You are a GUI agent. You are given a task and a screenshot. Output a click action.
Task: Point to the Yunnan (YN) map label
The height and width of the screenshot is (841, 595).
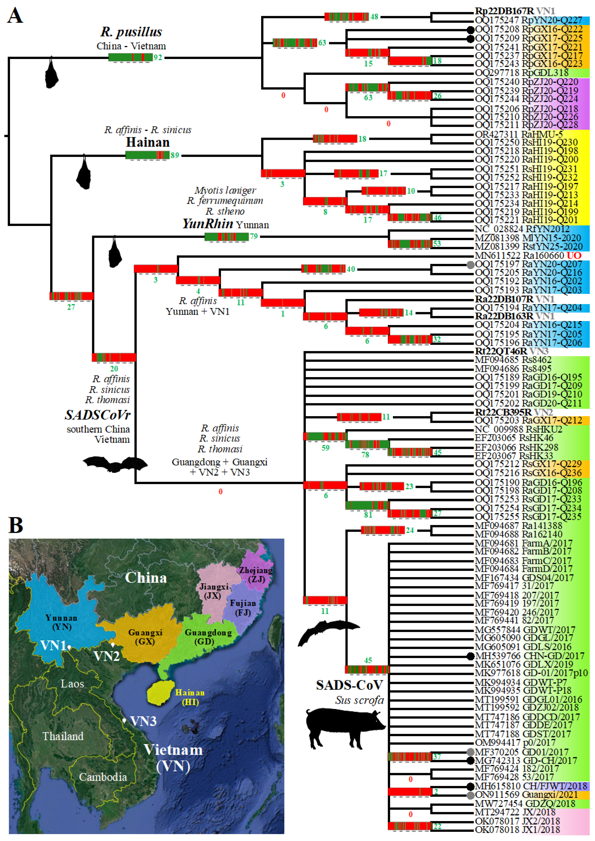62,622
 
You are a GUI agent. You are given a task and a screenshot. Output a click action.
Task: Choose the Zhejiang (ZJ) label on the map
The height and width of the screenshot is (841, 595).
256,574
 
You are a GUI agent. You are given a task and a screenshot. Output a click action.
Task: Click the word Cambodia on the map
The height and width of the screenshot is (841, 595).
103,777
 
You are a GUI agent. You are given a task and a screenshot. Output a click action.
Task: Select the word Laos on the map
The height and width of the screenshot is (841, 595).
72,684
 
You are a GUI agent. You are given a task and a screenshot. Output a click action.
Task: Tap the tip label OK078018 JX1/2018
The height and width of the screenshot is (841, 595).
517,830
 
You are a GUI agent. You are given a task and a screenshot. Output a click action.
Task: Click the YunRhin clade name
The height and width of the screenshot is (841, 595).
208,224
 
